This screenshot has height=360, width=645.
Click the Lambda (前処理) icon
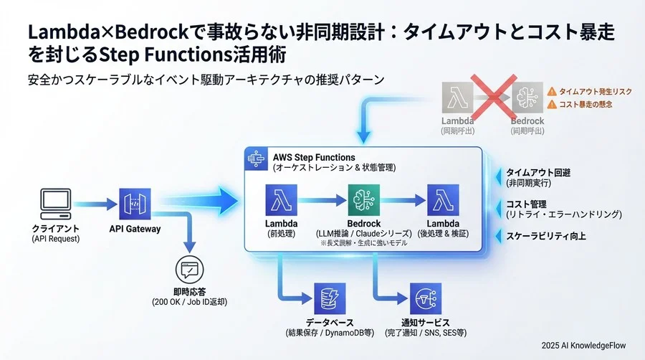pyautogui.click(x=281, y=200)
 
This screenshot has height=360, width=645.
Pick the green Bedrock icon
pyautogui.click(x=364, y=200)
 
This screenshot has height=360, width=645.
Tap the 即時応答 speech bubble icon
pyautogui.click(x=190, y=270)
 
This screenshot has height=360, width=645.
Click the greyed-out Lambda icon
pyautogui.click(x=457, y=97)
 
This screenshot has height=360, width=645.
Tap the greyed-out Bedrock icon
pyautogui.click(x=527, y=97)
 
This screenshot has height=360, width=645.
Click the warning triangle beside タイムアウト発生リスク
pyautogui.click(x=552, y=92)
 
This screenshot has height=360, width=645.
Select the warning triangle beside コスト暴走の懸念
pyautogui.click(x=552, y=105)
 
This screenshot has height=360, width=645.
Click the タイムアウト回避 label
pyautogui.click(x=538, y=173)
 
